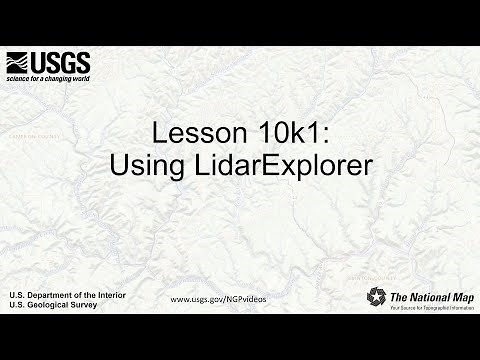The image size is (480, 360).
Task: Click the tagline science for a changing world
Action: [48, 78]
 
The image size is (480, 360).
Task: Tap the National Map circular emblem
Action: [376, 297]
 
